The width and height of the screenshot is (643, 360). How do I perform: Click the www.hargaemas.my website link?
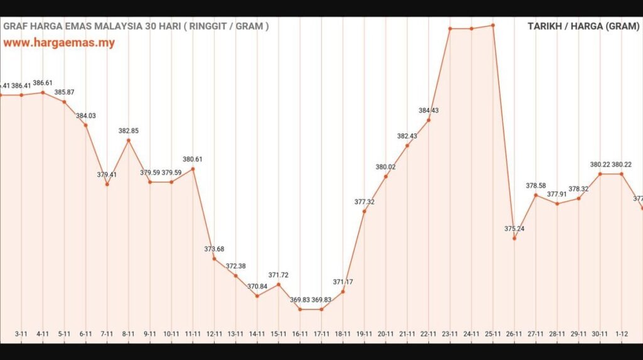point(59,43)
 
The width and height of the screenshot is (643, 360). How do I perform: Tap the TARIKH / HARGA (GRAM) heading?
point(583,26)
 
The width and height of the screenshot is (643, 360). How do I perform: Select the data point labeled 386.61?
point(43,92)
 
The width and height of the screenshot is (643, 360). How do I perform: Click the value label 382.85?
point(129,131)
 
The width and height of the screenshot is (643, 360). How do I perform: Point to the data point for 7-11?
point(107,184)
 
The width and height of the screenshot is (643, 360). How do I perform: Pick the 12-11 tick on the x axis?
point(215,334)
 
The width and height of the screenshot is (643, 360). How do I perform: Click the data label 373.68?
point(214,249)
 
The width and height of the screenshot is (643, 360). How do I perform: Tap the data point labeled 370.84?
point(257,296)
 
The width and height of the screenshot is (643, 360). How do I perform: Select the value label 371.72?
point(279,275)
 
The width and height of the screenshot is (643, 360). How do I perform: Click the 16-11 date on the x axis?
point(300,334)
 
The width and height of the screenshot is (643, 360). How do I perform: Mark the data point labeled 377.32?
point(364,211)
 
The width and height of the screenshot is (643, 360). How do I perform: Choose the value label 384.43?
point(429,111)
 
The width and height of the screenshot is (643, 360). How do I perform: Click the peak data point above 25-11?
point(494,25)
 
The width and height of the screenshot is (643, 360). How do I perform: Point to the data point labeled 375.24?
point(514,238)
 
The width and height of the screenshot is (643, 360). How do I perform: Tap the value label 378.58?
point(536,185)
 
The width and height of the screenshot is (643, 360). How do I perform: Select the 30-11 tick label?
point(600,334)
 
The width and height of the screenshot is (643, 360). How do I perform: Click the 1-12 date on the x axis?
point(622,334)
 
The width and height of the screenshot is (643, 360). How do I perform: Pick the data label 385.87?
point(64,92)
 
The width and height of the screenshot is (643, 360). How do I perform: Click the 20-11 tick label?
point(386,334)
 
